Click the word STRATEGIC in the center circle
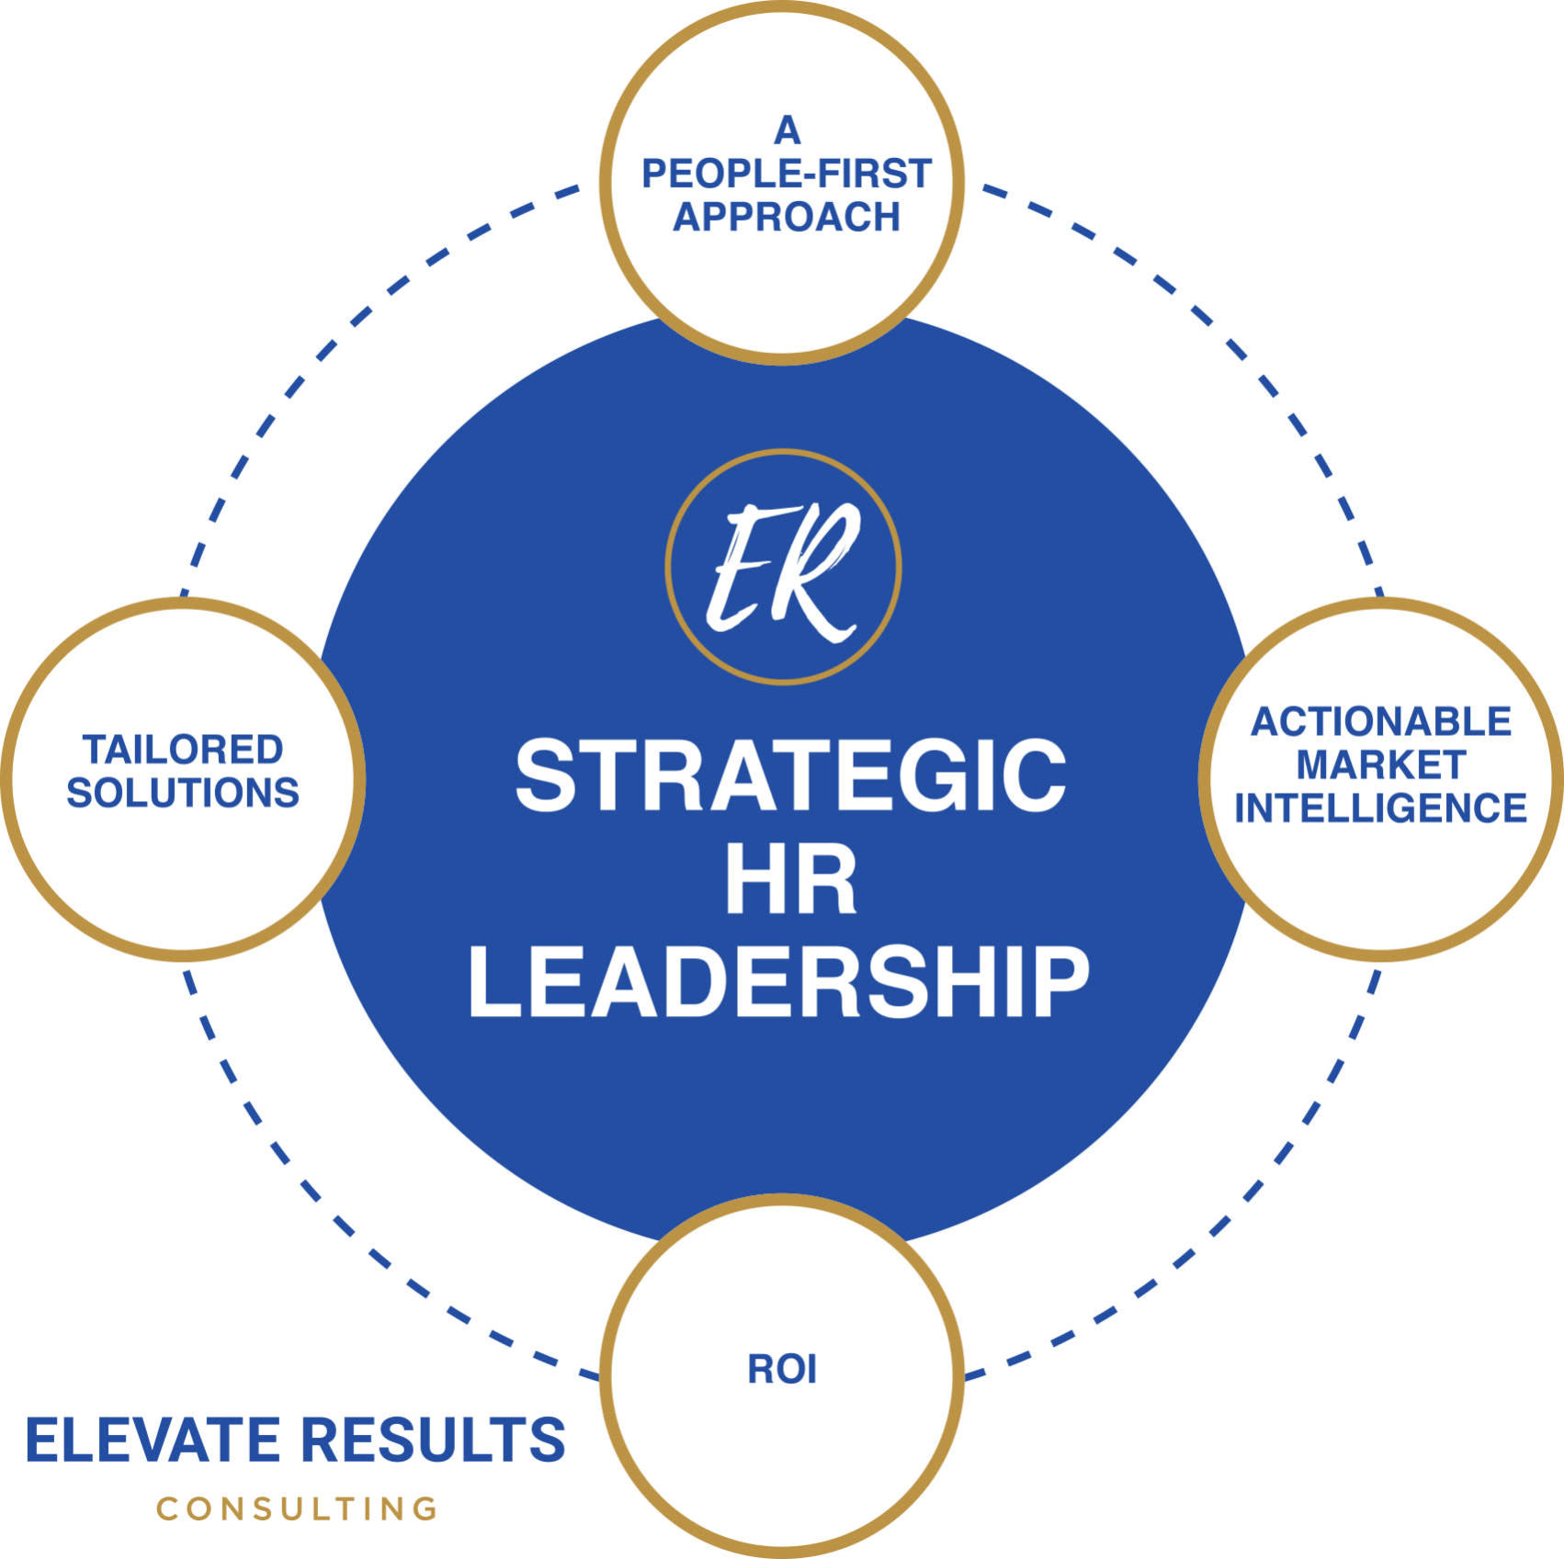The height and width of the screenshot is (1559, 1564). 790,776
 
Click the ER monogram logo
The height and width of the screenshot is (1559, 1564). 783,568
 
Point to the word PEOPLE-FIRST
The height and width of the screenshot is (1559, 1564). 787,174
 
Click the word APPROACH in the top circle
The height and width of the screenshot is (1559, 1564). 787,217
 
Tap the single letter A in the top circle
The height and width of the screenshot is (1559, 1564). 787,131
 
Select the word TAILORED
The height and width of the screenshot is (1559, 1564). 183,750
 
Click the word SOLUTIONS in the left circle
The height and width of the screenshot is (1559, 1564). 183,793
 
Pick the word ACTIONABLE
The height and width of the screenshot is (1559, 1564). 1381,722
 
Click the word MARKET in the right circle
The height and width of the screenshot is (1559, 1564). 1381,764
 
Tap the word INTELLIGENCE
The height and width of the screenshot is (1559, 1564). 1381,808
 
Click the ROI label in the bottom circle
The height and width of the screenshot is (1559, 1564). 782,1370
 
